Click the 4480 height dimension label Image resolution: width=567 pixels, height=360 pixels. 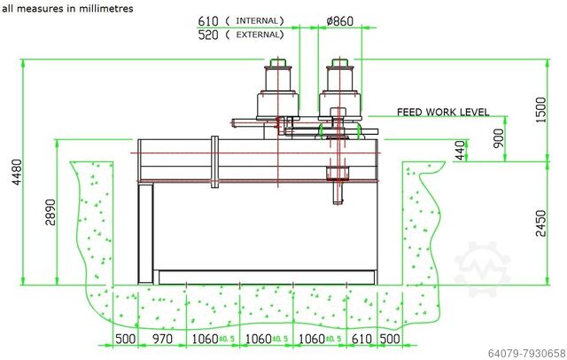click(x=11, y=173)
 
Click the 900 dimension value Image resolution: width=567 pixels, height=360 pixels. click(x=500, y=139)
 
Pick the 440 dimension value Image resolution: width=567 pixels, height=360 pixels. click(x=460, y=151)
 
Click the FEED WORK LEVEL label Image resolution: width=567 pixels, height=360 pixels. click(x=442, y=113)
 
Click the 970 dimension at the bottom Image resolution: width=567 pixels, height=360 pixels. click(x=163, y=340)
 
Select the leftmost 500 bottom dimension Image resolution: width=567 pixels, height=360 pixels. click(x=125, y=340)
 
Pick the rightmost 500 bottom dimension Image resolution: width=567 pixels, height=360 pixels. click(x=387, y=340)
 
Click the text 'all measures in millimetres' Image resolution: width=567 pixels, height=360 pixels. click(x=67, y=8)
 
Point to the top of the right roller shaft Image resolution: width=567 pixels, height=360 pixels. click(x=338, y=61)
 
